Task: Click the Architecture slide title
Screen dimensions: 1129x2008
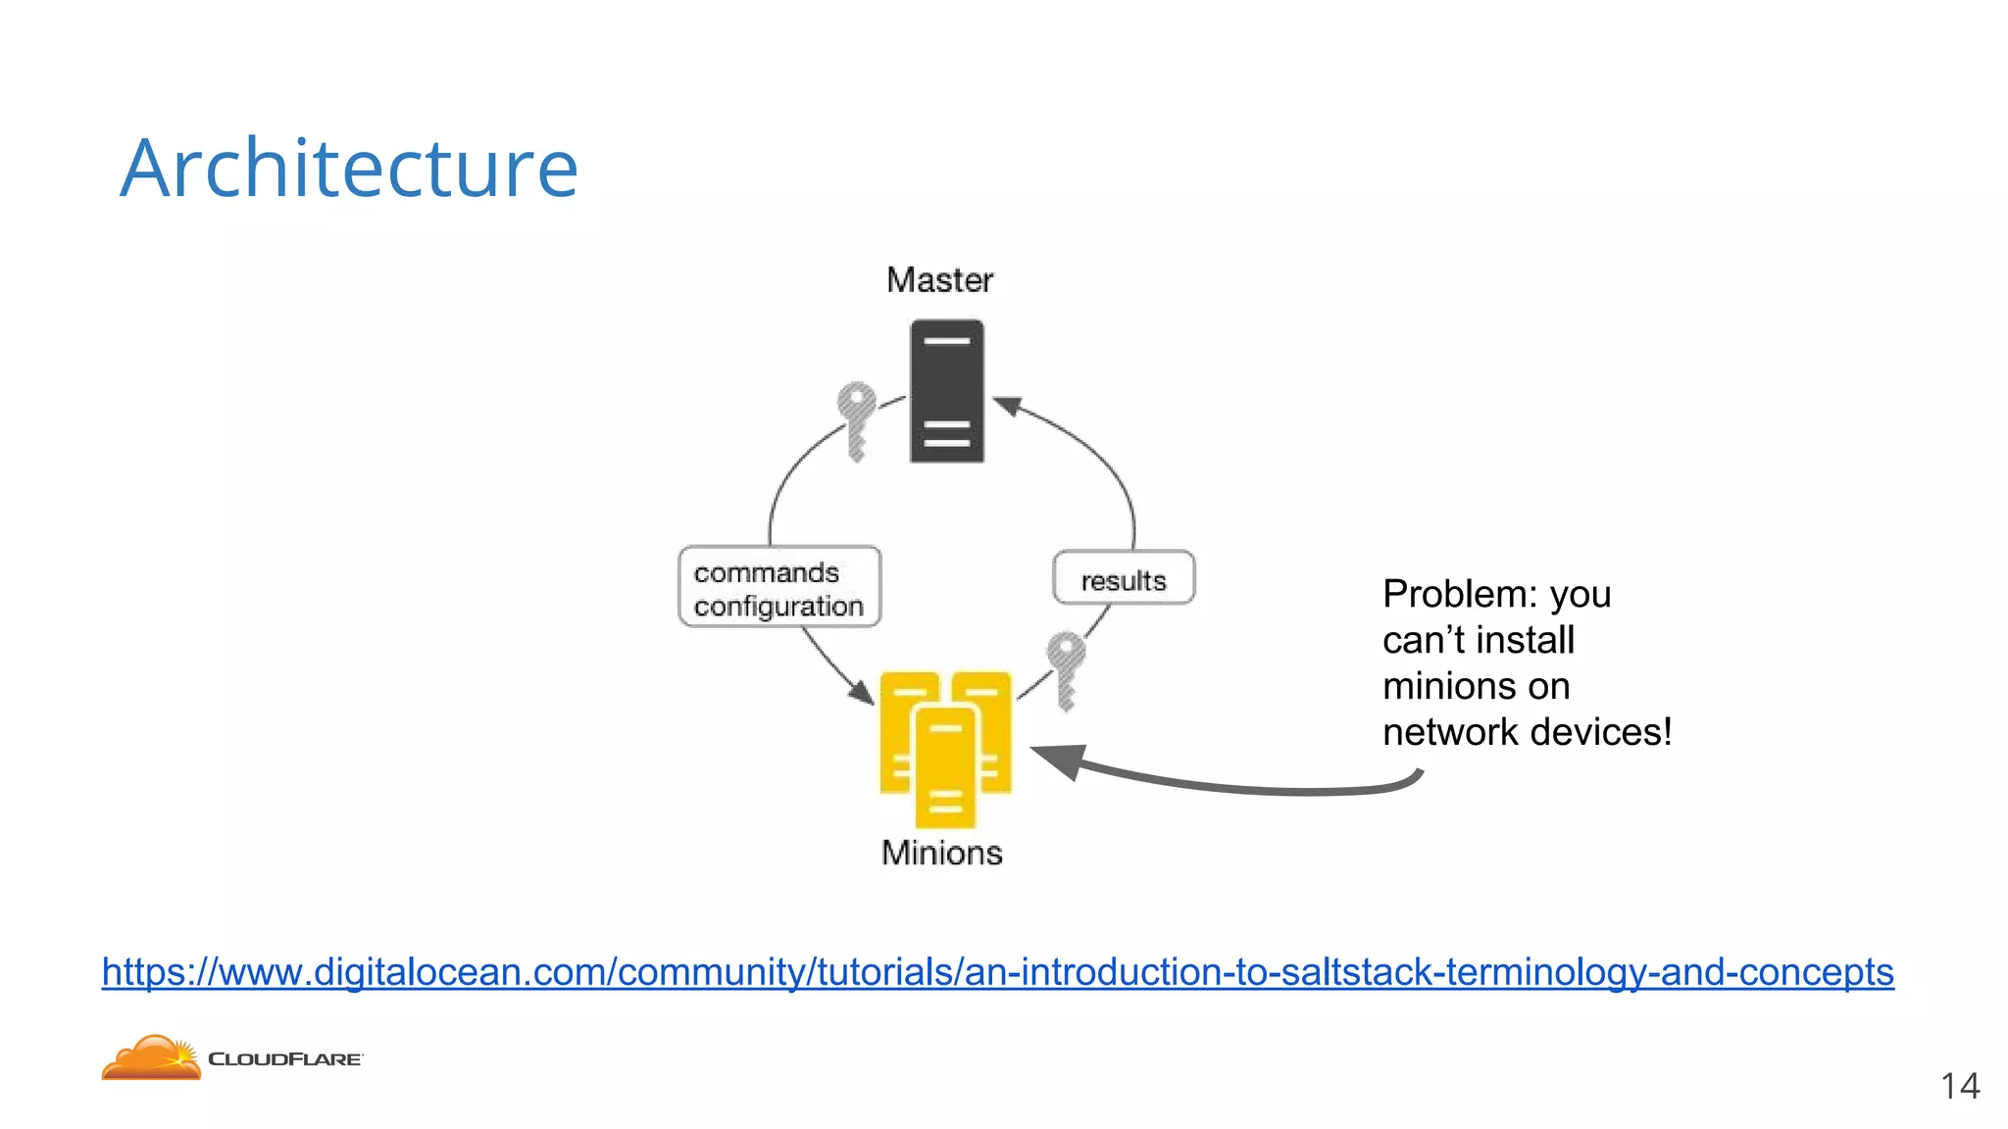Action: point(349,169)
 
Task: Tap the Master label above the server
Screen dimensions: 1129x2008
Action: point(939,280)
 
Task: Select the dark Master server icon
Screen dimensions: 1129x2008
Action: point(946,391)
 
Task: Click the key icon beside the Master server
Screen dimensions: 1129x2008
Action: point(856,419)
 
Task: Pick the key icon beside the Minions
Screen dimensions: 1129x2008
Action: point(1066,669)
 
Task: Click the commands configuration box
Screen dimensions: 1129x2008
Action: point(779,587)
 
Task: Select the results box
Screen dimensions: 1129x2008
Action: point(1124,579)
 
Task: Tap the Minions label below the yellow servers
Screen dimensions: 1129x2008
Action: point(941,853)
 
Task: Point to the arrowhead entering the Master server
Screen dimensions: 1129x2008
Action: point(1008,405)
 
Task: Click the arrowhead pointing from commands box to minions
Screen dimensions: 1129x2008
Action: point(862,692)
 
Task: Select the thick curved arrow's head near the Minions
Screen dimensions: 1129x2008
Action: point(1057,759)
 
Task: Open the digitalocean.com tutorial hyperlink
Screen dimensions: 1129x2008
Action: point(997,972)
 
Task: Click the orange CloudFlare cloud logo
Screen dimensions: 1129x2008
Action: point(151,1058)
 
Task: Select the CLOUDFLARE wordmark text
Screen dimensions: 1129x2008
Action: point(285,1059)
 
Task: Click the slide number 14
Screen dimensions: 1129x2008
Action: point(1959,1086)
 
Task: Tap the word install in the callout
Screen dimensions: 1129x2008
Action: point(1526,640)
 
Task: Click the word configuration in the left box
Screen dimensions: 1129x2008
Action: point(778,607)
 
